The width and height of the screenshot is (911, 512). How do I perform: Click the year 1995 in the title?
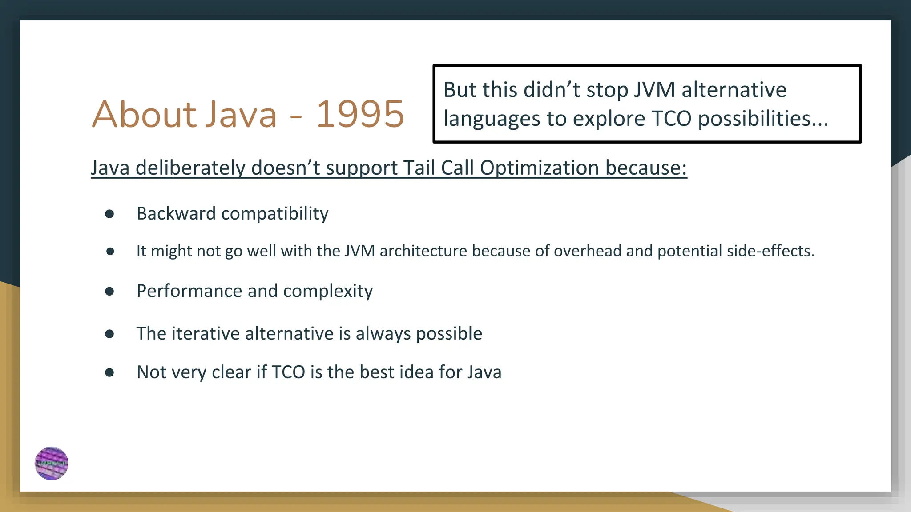[x=360, y=114]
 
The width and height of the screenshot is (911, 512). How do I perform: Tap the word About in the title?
[x=145, y=114]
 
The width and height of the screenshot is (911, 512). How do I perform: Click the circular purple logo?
[x=52, y=463]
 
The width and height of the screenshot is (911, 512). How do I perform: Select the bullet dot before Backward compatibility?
[x=109, y=214]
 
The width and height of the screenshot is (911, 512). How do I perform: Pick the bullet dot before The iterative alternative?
[x=109, y=334]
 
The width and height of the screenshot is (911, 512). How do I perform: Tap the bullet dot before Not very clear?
[x=109, y=372]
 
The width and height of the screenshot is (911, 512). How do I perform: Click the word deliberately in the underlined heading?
[x=190, y=168]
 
